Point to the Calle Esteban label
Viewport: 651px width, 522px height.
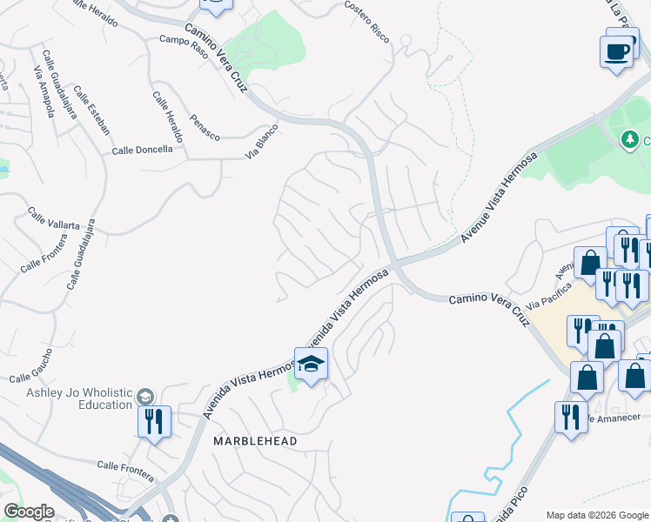(x=92, y=110)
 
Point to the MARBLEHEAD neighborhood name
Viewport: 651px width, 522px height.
(x=255, y=441)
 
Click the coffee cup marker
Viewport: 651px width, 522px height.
(x=616, y=51)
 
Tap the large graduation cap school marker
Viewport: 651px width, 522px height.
(x=311, y=365)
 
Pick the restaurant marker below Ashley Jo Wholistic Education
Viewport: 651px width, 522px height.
(x=154, y=422)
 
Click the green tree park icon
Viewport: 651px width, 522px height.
(x=628, y=139)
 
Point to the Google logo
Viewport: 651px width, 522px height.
(x=30, y=512)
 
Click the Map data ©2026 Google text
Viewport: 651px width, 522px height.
(x=596, y=514)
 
